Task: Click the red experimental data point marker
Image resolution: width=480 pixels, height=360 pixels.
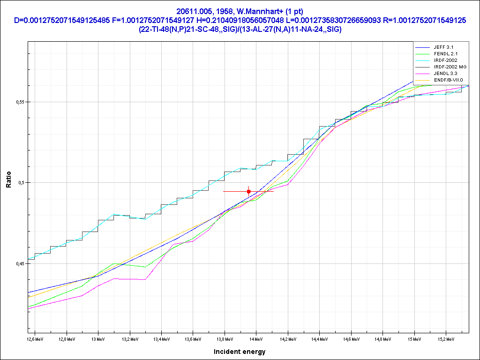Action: point(248,191)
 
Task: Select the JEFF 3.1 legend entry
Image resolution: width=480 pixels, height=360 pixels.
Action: point(443,47)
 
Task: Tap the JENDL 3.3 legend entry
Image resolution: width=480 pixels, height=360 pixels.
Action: point(445,74)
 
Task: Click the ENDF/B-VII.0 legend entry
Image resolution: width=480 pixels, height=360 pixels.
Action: point(449,80)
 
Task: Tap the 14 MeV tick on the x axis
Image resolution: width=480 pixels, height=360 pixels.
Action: point(255,338)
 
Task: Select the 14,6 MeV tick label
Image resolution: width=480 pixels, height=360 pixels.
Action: point(350,338)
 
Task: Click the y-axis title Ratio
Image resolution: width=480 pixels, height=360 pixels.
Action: point(8,182)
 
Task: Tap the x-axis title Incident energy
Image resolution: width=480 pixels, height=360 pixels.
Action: point(240,352)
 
